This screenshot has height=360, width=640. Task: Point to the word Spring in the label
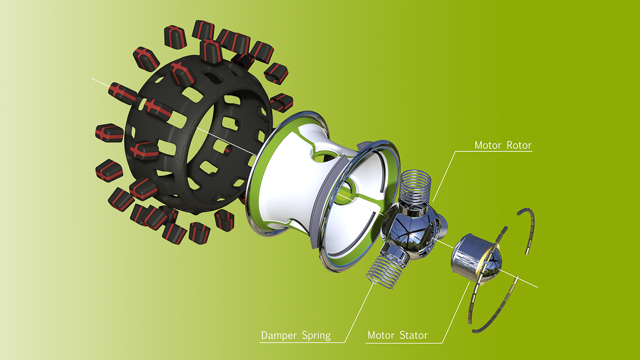click(316, 336)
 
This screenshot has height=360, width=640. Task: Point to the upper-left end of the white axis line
click(92, 79)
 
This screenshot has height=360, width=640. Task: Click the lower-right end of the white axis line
click(538, 287)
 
